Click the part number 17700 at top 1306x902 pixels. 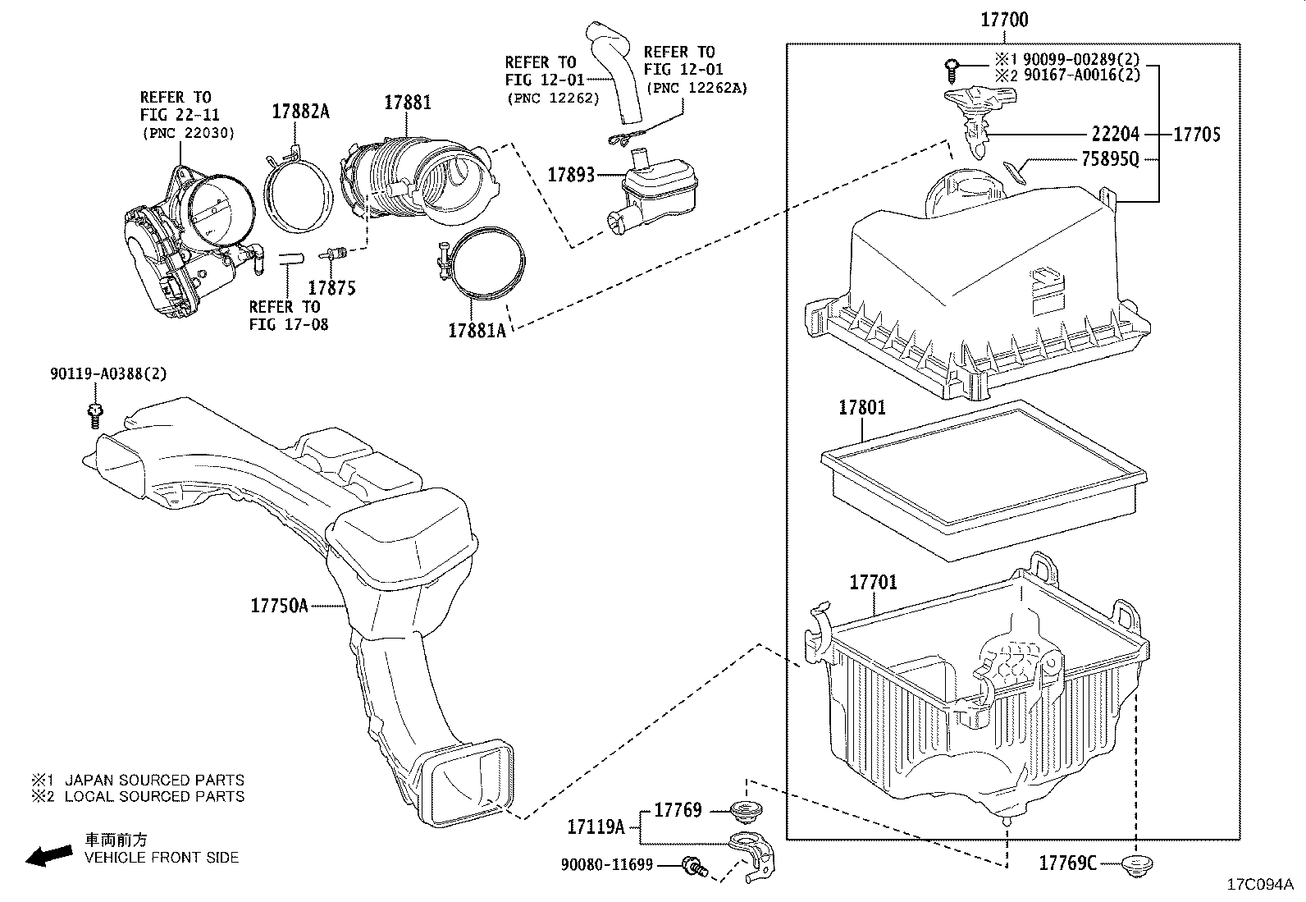point(1005,20)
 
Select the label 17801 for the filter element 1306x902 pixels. point(862,407)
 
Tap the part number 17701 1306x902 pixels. point(873,582)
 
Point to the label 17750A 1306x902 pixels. point(279,606)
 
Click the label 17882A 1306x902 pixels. point(300,112)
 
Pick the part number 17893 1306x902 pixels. point(571,174)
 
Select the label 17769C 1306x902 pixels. point(1067,863)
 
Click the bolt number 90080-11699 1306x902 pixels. point(607,864)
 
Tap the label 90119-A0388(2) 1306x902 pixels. point(107,374)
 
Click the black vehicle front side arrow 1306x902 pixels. point(48,856)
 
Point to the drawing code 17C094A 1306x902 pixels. point(1259,885)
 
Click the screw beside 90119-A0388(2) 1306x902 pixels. point(95,414)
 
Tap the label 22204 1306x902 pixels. point(1116,134)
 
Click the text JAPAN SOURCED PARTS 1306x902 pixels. point(154,780)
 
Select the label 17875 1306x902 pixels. point(331,287)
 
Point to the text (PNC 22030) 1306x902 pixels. point(188,132)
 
